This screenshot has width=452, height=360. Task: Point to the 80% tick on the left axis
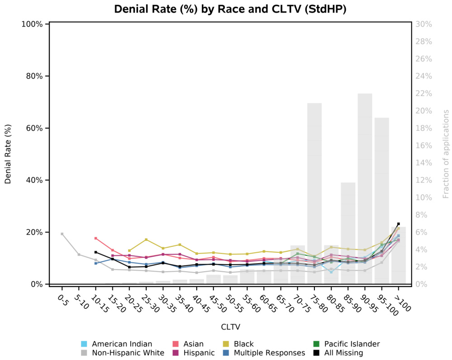point(33,76)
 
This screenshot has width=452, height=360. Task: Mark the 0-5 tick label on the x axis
point(62,300)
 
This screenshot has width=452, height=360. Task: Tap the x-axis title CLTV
point(230,326)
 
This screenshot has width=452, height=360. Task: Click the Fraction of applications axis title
point(446,154)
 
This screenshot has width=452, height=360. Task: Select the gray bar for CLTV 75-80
point(314,195)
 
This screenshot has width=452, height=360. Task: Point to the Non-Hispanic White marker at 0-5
point(62,234)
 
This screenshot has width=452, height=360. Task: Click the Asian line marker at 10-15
point(96,238)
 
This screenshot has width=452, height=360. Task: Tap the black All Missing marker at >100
point(399,224)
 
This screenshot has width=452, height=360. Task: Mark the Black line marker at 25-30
point(146,240)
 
